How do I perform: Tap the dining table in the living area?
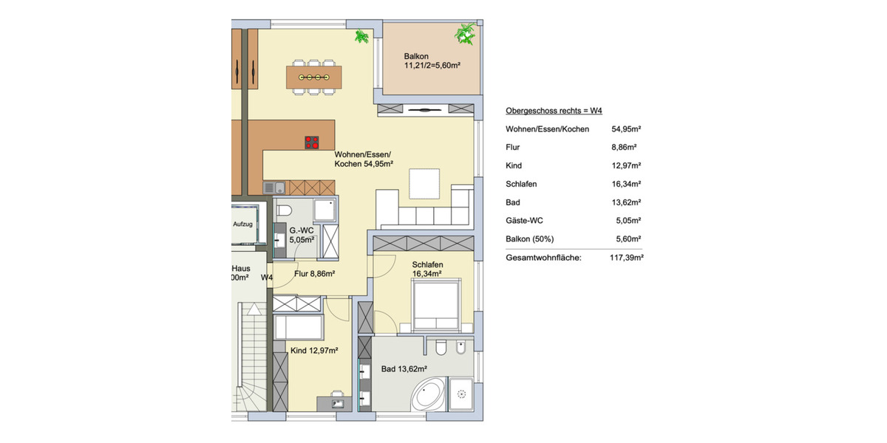[x=314, y=77]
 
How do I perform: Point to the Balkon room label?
[x=416, y=57]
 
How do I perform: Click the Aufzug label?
[x=243, y=224]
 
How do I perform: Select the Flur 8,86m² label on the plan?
[x=315, y=274]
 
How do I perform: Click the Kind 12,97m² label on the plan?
[x=314, y=350]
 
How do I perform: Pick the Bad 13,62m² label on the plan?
[x=404, y=368]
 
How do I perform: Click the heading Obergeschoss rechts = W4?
[x=554, y=111]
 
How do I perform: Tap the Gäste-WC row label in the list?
[x=526, y=220]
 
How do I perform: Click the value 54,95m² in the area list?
[x=626, y=129]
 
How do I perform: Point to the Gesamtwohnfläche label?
[x=543, y=258]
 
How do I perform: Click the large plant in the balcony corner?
[x=466, y=33]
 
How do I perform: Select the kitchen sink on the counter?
[x=269, y=188]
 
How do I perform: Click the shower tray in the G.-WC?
[x=325, y=210]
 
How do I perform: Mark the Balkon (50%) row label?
[x=530, y=238]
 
